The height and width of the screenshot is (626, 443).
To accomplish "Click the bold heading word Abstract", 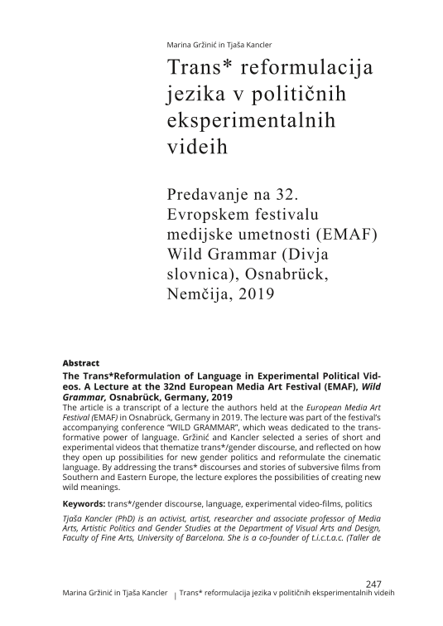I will (81, 362).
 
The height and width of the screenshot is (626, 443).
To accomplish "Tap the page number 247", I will (374, 584).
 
